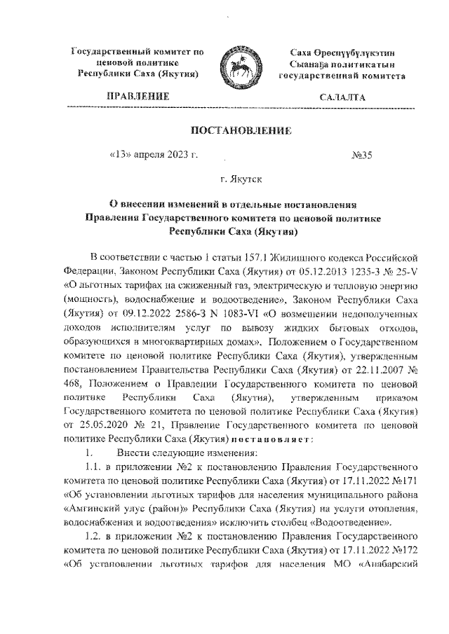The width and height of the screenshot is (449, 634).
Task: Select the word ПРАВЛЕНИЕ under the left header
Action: [137, 96]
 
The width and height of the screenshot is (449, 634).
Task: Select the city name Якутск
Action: [250, 180]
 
